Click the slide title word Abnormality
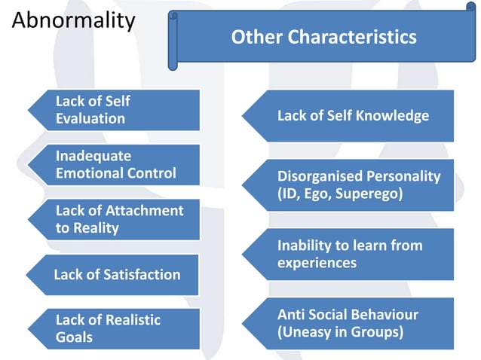[x=73, y=20]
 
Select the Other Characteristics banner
[x=323, y=37]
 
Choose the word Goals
[x=74, y=337]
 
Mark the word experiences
[x=317, y=264]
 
